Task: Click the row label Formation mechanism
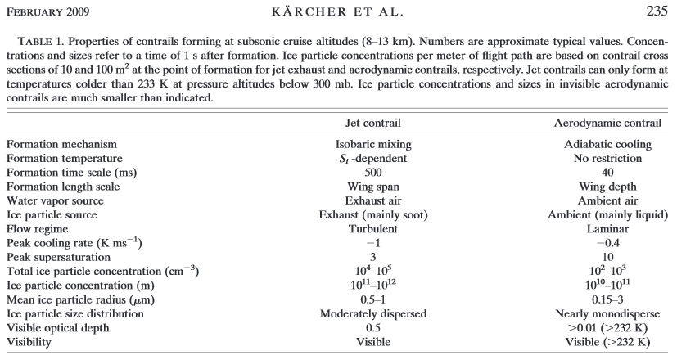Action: (x=60, y=144)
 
